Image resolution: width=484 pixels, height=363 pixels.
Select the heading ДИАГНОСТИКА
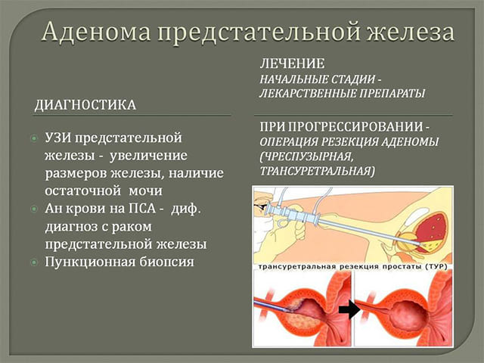pos(85,105)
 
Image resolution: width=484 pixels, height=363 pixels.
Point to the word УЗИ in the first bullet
pos(58,140)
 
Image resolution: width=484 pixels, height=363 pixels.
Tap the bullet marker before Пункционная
pos(33,262)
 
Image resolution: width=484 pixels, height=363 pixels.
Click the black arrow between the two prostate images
pos(349,309)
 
